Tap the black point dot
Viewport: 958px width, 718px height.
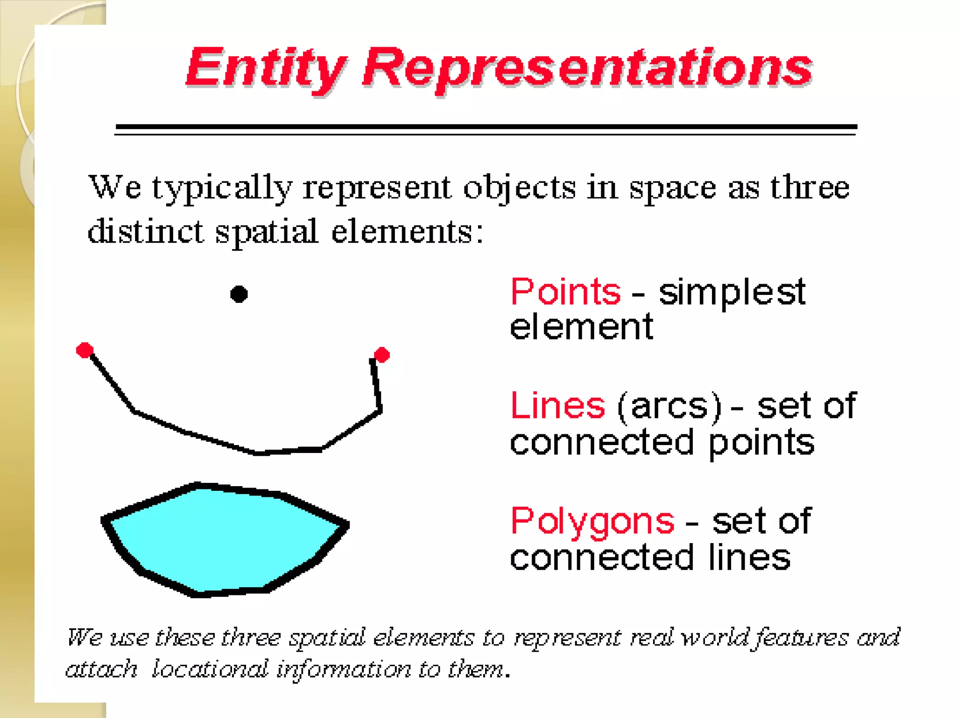(x=239, y=294)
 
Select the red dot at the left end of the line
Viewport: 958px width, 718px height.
(x=85, y=350)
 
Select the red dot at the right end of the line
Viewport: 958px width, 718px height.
(x=382, y=355)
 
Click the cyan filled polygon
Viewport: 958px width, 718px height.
(x=225, y=538)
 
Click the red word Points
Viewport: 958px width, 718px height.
(x=566, y=292)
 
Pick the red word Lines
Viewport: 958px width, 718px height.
(x=558, y=405)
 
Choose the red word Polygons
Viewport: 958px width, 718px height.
(x=592, y=521)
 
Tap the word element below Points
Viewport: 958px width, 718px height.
(x=581, y=327)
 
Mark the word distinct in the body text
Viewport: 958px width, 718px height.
(x=145, y=231)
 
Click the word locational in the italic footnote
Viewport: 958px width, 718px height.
(x=210, y=669)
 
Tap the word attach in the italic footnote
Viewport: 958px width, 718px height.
(x=102, y=669)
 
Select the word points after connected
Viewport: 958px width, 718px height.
(x=761, y=443)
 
